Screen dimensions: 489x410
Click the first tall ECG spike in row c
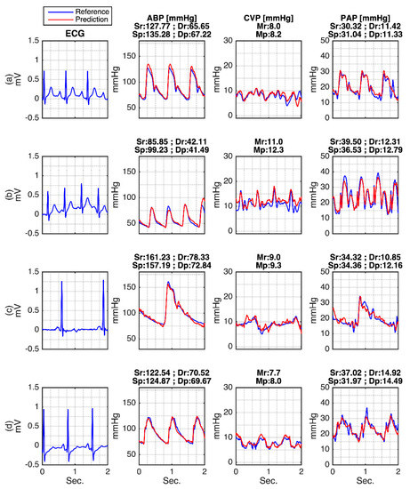pyautogui.click(x=61, y=282)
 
